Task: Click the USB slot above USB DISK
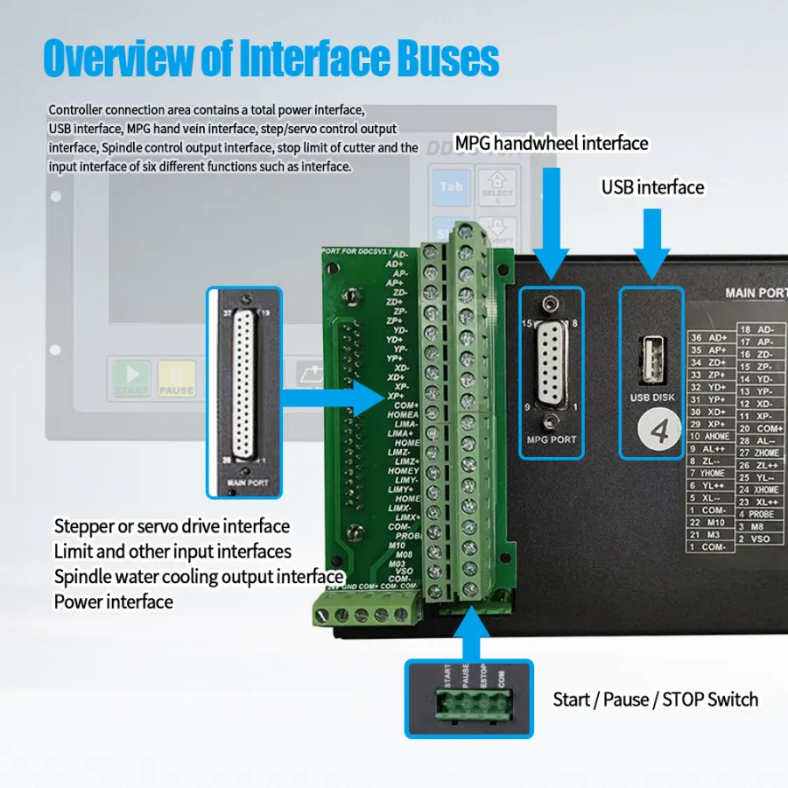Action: coord(651,361)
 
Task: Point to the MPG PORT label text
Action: coord(552,438)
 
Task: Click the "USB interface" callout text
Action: coord(652,187)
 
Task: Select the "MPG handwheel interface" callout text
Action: coord(552,143)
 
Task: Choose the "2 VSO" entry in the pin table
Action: coord(755,538)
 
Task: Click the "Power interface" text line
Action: coord(114,602)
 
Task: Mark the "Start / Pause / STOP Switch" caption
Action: coord(655,700)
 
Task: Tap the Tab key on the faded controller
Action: coord(451,186)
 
